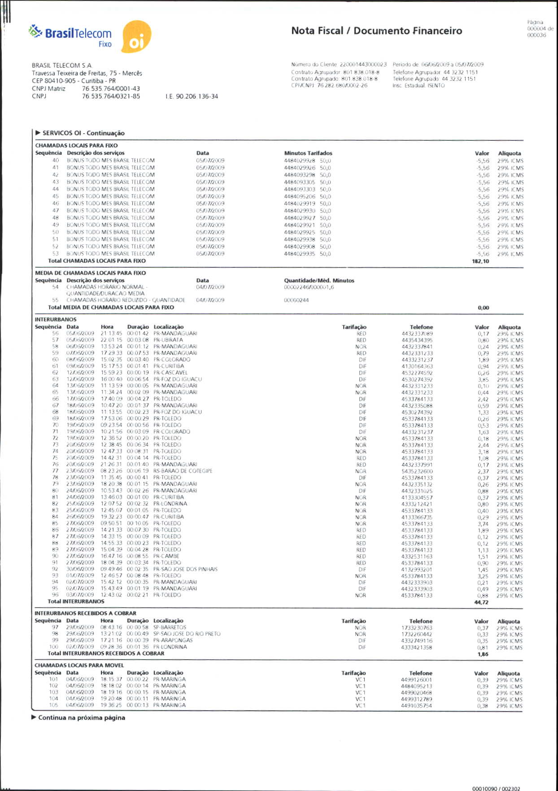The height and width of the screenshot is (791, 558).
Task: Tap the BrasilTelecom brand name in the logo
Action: tap(78, 33)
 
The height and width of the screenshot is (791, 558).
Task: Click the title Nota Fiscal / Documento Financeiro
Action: tap(376, 31)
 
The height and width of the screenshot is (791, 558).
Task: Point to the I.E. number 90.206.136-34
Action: tap(192, 96)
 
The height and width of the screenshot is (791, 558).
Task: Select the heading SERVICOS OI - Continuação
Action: tap(83, 133)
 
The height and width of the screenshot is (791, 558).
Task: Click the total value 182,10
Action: tap(480, 261)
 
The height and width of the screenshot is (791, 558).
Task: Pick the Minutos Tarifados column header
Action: tap(308, 153)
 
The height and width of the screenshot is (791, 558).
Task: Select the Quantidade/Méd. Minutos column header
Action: tap(319, 281)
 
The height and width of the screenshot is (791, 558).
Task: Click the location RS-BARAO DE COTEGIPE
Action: tap(183, 471)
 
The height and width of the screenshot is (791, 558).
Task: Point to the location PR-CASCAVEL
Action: tap(170, 373)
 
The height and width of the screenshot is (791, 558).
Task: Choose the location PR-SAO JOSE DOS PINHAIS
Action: tap(185, 569)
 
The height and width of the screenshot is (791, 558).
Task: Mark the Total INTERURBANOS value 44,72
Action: tap(481, 602)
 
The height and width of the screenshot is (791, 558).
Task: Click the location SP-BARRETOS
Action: tap(170, 627)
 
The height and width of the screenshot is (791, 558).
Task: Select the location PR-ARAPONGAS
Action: tap(173, 640)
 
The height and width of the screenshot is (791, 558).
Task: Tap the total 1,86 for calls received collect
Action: tap(483, 654)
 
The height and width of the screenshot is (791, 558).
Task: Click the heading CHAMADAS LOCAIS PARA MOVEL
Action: tap(79, 665)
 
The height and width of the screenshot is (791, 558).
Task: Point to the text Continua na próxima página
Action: tap(81, 718)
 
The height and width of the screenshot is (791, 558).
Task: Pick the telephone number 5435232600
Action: tap(417, 471)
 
